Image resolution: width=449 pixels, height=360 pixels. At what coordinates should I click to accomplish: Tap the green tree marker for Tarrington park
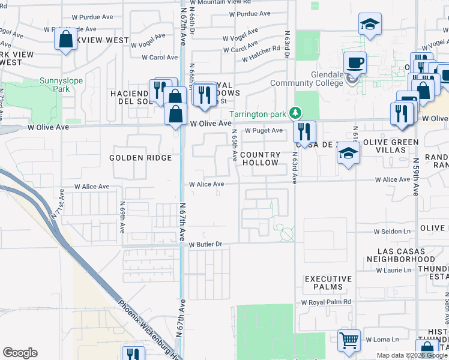[295, 113]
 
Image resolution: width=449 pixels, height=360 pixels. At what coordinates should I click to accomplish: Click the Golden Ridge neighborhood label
[140, 158]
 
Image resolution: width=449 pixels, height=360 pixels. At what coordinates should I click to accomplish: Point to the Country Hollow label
[260, 158]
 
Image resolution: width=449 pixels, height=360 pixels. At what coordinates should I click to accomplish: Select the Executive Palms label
[328, 283]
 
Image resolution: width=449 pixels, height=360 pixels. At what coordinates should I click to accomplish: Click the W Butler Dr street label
[206, 245]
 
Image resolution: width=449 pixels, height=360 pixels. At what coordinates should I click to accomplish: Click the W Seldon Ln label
[393, 231]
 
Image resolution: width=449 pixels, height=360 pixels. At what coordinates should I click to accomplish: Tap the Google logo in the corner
[20, 353]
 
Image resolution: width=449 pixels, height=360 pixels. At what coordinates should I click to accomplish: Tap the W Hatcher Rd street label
[262, 53]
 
